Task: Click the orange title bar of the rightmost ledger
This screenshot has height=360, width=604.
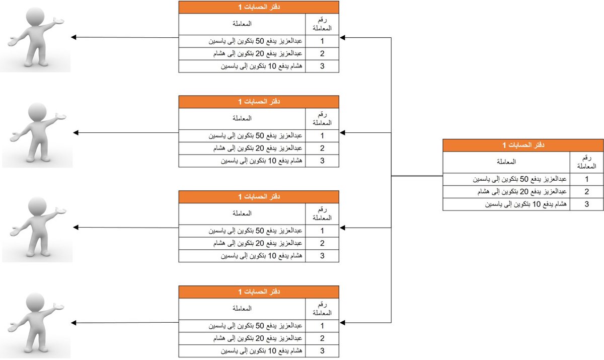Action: coord(523,145)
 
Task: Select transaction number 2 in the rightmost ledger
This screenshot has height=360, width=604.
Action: coord(586,192)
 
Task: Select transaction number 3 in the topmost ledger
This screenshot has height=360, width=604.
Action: coord(322,66)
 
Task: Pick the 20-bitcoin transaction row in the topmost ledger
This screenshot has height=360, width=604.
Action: coord(260,53)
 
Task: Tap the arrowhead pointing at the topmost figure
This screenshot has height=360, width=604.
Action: coord(73,37)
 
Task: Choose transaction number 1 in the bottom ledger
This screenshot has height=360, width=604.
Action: coord(322,325)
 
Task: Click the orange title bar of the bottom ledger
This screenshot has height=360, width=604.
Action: coord(259,292)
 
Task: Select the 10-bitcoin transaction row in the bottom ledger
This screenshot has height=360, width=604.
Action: coord(260,351)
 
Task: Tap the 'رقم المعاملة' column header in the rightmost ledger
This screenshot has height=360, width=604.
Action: coord(586,162)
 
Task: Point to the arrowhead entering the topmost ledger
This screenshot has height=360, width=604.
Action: coord(342,37)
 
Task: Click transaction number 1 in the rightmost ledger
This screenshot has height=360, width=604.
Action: coord(586,179)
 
